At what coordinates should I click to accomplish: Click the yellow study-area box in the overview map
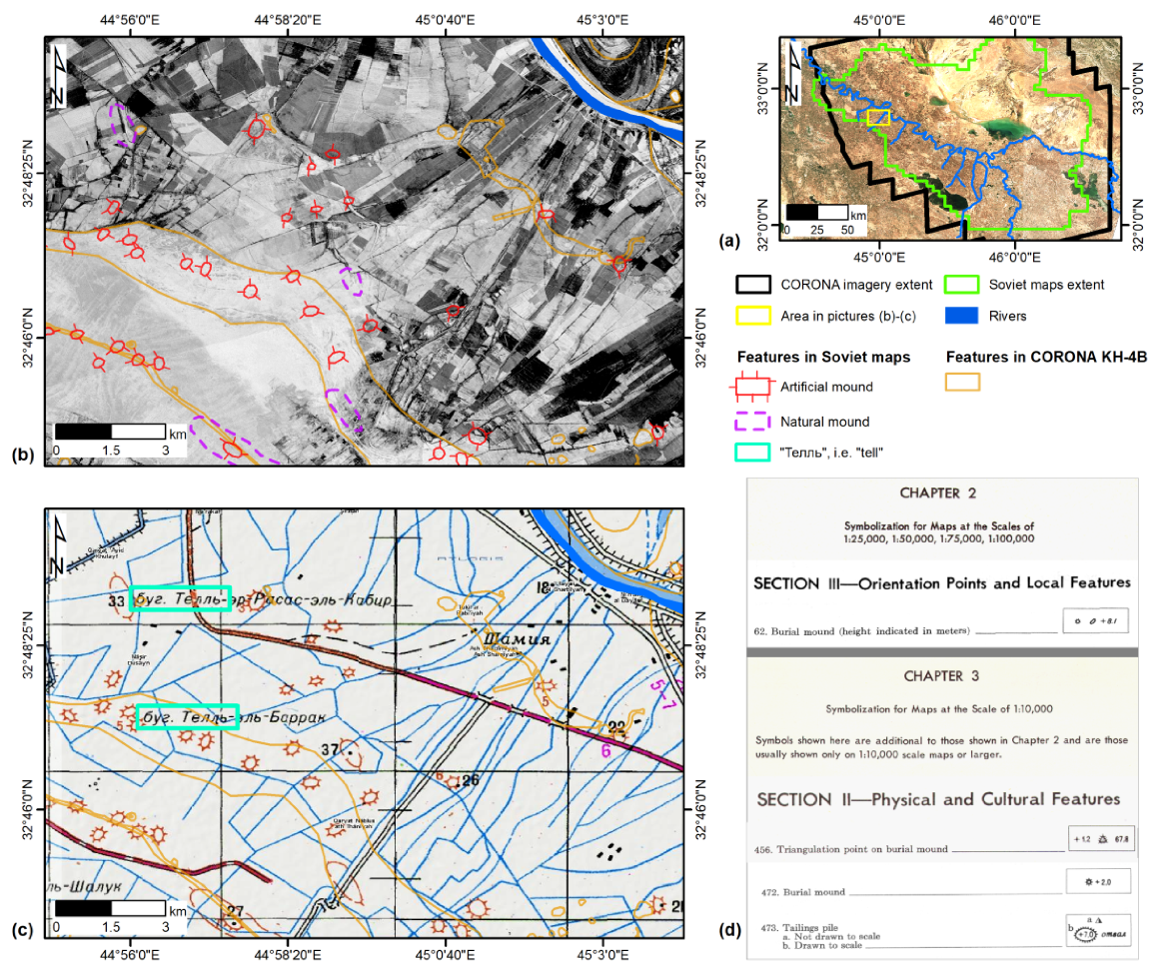[877, 118]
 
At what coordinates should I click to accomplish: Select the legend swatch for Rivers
[966, 316]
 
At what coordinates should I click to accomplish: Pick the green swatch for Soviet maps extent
[966, 285]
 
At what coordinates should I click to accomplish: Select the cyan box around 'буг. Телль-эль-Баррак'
[188, 716]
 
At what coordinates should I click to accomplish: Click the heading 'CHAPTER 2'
[938, 492]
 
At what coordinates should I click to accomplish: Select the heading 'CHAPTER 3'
[938, 675]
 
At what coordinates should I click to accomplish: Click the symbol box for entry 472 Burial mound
[1098, 883]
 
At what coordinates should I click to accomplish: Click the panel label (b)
[22, 455]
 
